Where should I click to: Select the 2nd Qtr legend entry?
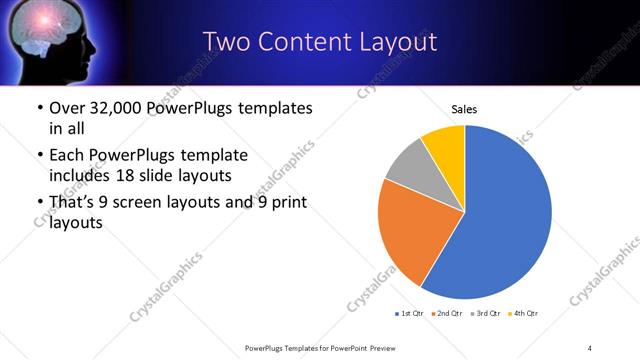coord(449,314)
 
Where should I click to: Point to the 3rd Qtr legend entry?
coord(487,314)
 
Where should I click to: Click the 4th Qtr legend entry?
coord(525,314)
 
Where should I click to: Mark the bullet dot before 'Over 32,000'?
coord(38,109)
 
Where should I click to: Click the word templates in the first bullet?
coord(269,108)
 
